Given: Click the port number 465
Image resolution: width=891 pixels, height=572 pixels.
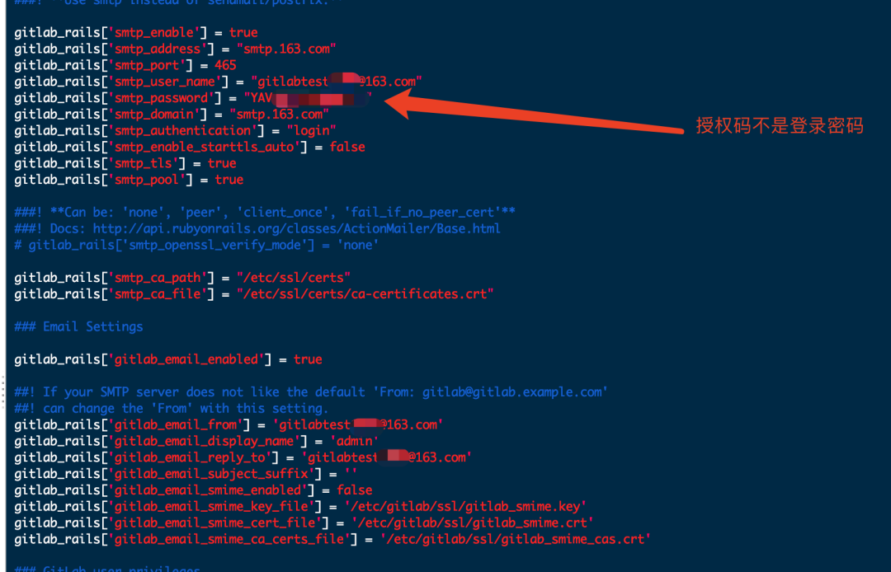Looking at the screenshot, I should point(225,65).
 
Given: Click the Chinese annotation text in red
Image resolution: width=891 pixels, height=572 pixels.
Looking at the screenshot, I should point(779,126).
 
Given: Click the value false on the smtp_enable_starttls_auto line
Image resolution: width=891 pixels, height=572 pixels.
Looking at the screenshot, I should point(347,147).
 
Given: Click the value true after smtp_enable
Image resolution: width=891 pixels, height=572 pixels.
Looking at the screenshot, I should point(243,33).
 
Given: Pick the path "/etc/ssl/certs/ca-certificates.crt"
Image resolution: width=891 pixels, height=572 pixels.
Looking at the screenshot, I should point(365,293).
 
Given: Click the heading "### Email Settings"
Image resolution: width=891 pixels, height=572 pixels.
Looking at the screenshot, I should point(78,326).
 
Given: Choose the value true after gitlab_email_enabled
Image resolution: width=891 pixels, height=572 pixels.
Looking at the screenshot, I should point(308,359).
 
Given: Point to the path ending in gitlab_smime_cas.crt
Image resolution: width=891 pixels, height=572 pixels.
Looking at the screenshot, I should point(516,539).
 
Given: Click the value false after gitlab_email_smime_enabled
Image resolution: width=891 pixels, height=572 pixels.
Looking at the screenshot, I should point(354,490).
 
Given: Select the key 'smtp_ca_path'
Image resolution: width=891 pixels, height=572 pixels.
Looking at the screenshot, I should point(163,278).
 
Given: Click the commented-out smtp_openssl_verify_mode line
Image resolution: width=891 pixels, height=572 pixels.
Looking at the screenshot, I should point(196,245).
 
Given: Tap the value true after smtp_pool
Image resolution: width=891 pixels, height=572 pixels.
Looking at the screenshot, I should point(229,180).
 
